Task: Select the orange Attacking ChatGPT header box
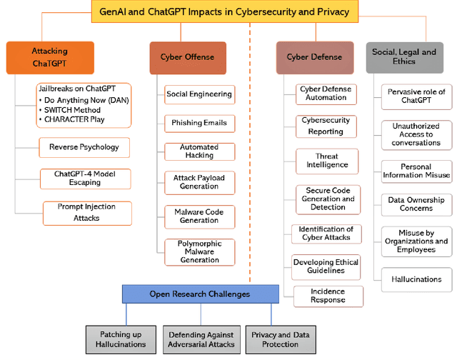tap(50, 58)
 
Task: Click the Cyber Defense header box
tap(314, 58)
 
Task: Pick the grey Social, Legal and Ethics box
tap(403, 57)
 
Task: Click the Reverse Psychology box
tap(84, 148)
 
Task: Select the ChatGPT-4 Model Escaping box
tap(84, 179)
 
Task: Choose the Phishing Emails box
tap(199, 123)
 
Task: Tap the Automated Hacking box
tap(199, 151)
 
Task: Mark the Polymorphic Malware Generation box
tap(199, 251)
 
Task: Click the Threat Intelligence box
tap(326, 161)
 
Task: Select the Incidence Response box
tap(328, 296)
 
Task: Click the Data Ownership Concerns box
tap(416, 204)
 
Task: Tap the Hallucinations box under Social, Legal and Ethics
tap(416, 279)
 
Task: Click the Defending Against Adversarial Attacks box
tap(200, 339)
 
